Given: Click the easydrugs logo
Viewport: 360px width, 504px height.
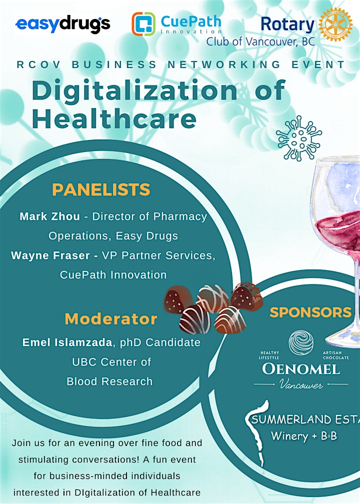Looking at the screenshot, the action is tap(63, 24).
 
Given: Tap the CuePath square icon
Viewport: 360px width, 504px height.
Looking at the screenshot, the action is tap(143, 23).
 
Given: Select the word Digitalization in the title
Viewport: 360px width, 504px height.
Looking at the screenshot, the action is tap(134, 90).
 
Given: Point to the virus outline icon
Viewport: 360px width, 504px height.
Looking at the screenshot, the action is tap(299, 138).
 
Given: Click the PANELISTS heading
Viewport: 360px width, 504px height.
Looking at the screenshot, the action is tap(101, 189).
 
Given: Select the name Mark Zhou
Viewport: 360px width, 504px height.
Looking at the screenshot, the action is tap(50, 216).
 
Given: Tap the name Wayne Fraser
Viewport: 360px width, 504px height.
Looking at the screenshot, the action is tap(50, 255).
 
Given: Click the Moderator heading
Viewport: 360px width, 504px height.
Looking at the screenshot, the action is tap(111, 319).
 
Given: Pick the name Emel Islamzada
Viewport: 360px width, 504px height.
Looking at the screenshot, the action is tap(67, 342).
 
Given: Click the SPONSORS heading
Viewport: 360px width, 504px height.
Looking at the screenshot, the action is tap(310, 312).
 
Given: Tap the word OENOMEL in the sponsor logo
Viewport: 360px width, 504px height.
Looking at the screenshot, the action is tap(301, 369).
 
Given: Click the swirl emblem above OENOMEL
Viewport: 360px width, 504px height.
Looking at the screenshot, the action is tap(301, 342).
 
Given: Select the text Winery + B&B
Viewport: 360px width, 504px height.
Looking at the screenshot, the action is tap(304, 436).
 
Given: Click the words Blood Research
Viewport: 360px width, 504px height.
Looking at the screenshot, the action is tap(109, 381).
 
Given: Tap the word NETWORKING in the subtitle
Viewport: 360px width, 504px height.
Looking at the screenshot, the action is tap(224, 64).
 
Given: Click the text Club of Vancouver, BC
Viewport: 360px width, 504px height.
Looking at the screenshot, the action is tap(260, 41).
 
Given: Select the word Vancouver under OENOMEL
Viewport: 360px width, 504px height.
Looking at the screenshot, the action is tap(301, 384).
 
